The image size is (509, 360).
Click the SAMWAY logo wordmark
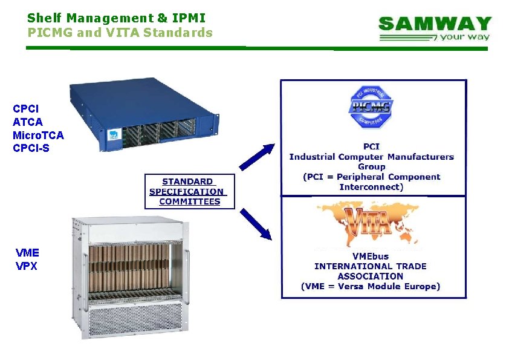point(435,24)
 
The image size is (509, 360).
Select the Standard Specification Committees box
point(190,191)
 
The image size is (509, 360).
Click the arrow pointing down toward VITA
point(255,224)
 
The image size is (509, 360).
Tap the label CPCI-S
point(31,148)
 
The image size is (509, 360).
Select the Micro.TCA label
point(37,135)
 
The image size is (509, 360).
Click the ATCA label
point(27,122)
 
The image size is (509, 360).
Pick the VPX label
point(26,266)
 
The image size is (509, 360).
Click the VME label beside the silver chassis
point(27,252)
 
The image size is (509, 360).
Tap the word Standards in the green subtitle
point(180,32)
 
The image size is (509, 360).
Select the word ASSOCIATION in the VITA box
point(370,276)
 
